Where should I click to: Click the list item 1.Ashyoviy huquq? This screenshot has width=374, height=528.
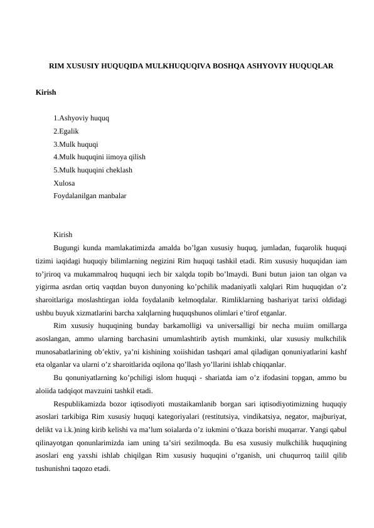[x=82, y=117]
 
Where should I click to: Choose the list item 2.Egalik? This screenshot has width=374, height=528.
[x=67, y=130]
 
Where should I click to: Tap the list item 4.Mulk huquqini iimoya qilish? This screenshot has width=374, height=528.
[x=100, y=157]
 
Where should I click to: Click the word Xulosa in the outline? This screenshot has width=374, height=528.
[x=65, y=183]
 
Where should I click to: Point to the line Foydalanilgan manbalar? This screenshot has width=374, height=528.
[x=90, y=196]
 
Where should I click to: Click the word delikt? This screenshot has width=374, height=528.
[x=45, y=430]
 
